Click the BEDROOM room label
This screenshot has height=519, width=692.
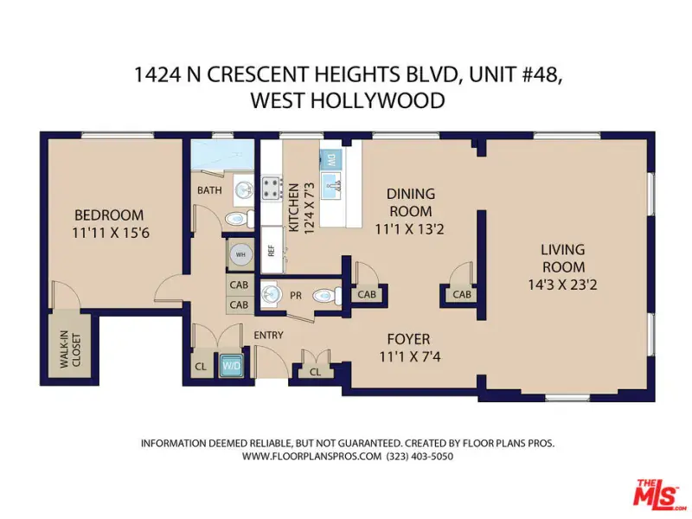point(109,215)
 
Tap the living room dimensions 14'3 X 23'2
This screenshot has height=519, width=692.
point(563,285)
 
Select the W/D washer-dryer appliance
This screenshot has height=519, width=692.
point(231,365)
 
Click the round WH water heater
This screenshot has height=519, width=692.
point(240,254)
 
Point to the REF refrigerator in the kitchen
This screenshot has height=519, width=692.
point(272,250)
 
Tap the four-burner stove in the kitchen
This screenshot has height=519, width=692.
point(272,188)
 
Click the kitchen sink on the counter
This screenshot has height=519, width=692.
point(331,186)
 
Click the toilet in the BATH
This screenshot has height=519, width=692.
point(240,219)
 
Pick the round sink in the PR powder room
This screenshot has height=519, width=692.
point(270,294)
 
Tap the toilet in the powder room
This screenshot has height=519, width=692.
point(327,296)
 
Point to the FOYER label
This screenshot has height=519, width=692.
point(408,339)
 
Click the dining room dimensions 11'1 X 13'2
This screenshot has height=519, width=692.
point(409,229)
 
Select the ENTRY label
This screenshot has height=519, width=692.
point(268,336)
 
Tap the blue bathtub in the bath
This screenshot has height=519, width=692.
point(223,155)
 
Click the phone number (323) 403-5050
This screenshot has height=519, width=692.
point(420,457)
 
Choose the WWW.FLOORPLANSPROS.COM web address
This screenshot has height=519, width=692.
point(311,457)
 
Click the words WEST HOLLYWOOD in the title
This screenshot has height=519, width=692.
point(348,100)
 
